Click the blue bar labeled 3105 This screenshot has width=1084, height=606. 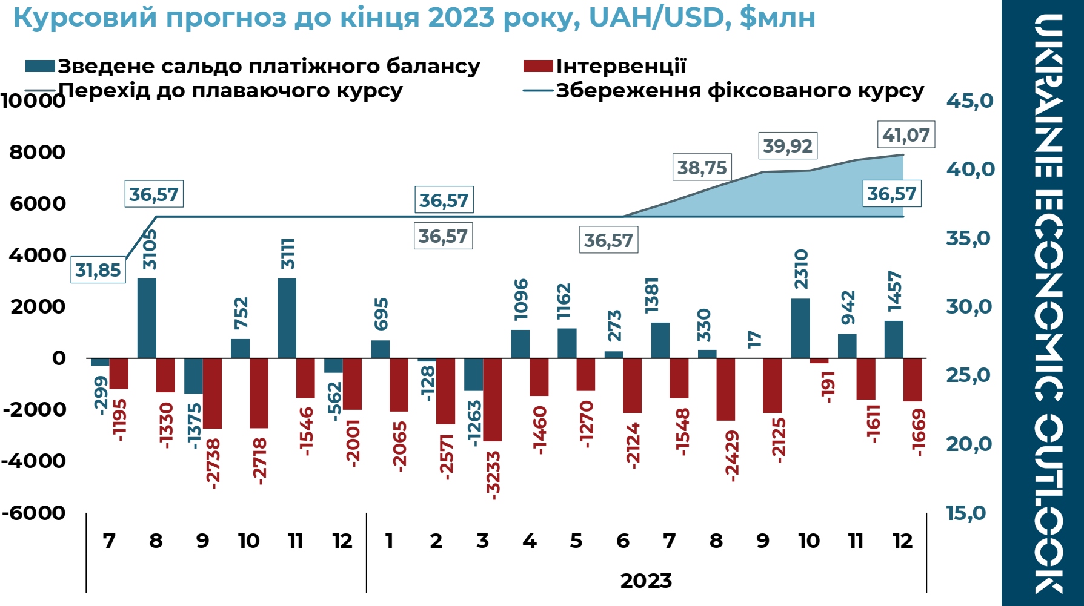(147, 318)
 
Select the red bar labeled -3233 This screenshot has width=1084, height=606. (492, 400)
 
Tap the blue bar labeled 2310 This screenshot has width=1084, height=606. (800, 328)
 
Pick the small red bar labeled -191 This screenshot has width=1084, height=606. (819, 361)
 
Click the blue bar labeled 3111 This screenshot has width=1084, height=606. (287, 318)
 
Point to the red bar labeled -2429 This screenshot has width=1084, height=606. (725, 389)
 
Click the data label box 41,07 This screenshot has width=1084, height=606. (906, 134)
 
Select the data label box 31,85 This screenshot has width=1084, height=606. (98, 270)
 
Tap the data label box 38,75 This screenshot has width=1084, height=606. (702, 168)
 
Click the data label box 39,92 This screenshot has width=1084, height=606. (787, 146)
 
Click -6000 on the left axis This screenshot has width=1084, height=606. (34, 513)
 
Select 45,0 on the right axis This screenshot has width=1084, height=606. (969, 100)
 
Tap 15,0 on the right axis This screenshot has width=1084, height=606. (966, 513)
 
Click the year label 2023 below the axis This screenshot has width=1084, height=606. (646, 581)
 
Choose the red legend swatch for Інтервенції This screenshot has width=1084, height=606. (538, 66)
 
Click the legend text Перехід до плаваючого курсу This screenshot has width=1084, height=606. (230, 91)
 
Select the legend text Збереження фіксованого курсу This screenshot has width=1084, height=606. (740, 91)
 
